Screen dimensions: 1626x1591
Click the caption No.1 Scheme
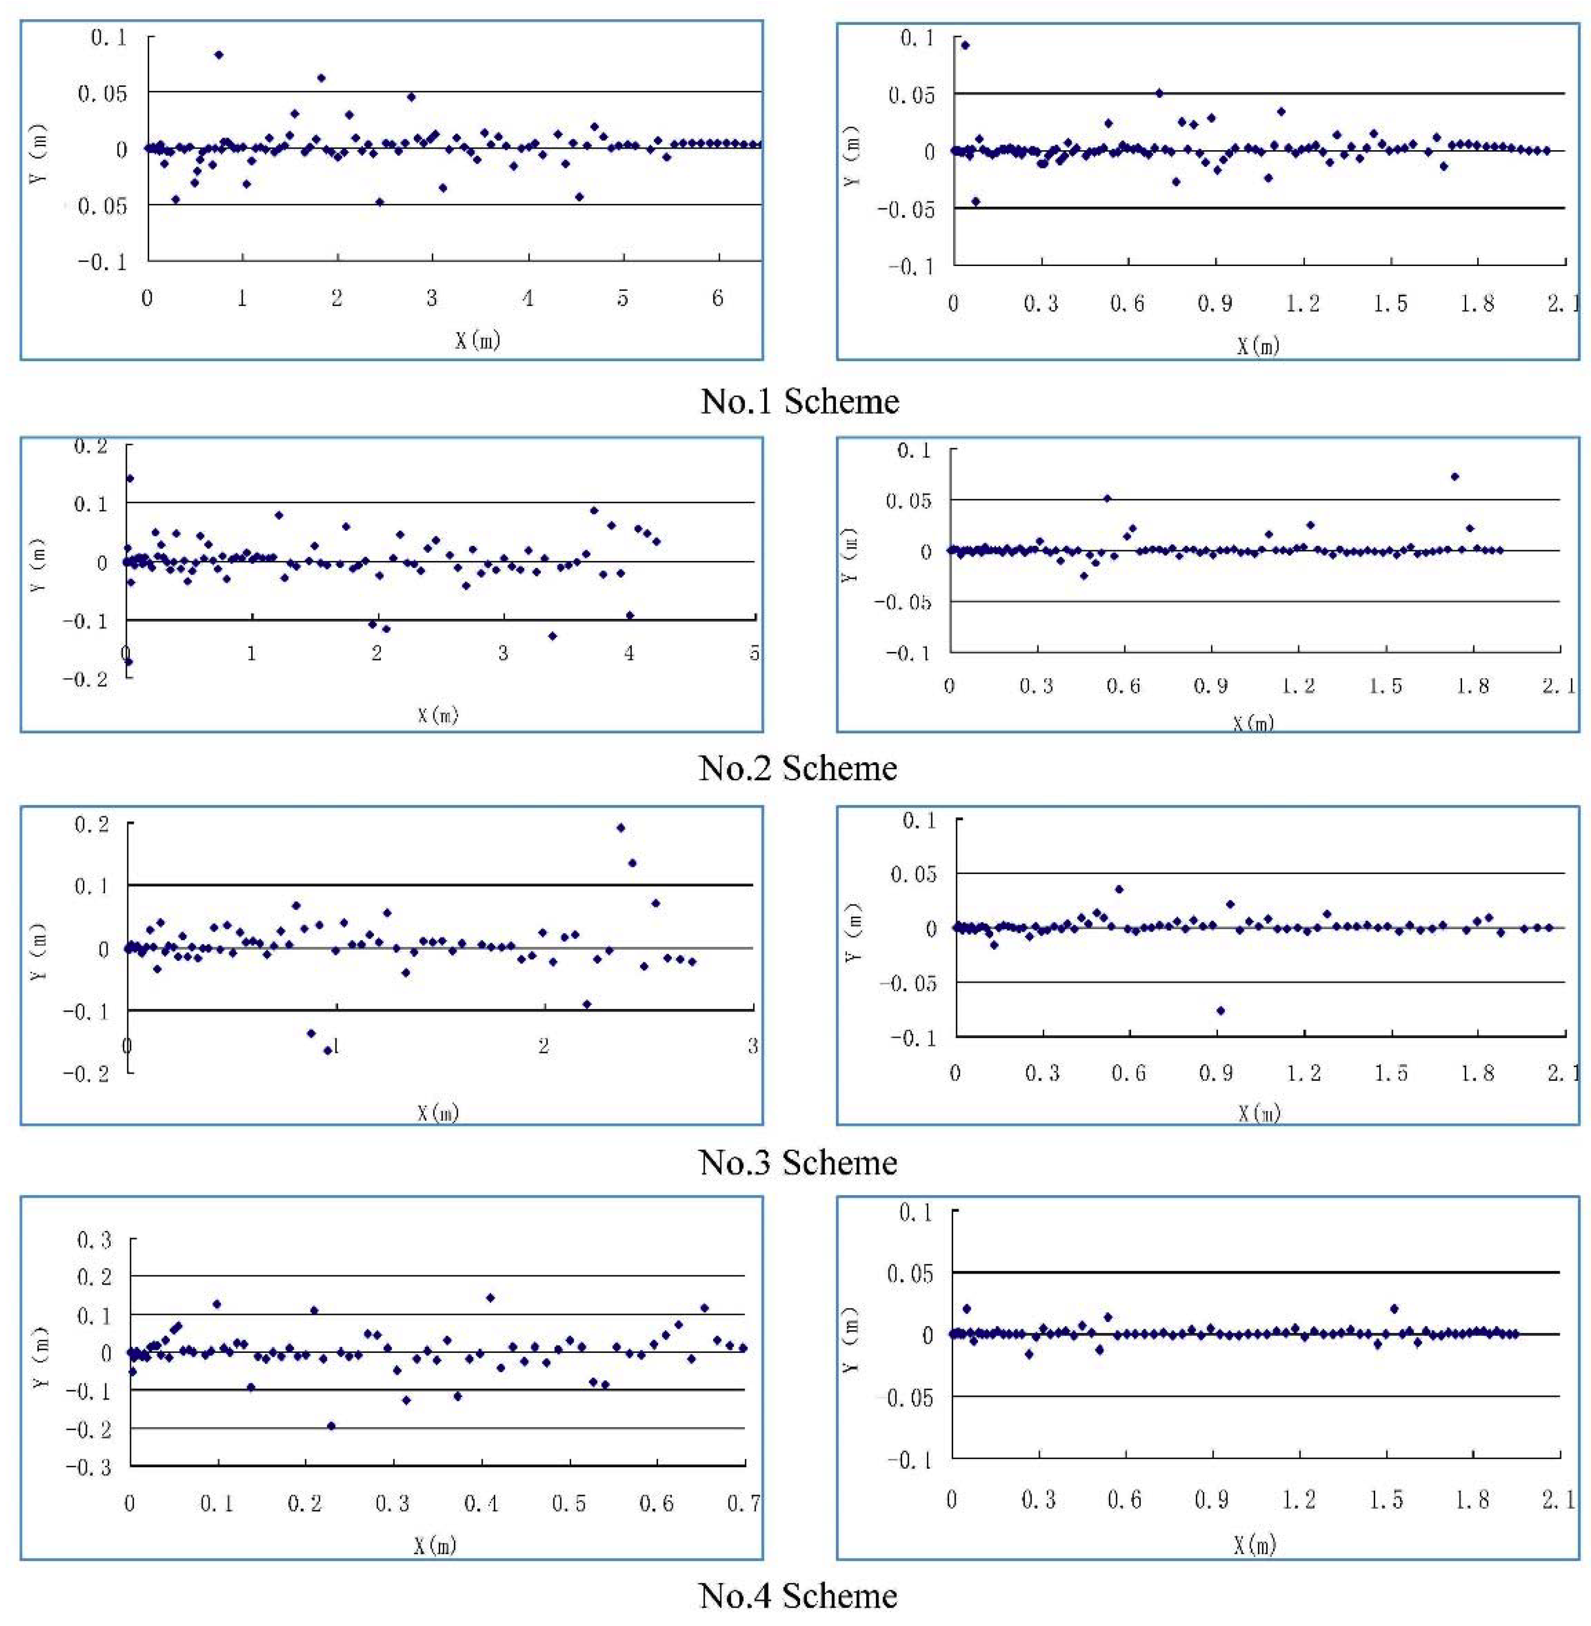coord(799,401)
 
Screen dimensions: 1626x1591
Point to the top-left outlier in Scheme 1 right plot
coord(965,45)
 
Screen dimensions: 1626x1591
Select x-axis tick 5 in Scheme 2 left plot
coord(754,653)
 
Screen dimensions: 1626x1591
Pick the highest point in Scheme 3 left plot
coord(620,827)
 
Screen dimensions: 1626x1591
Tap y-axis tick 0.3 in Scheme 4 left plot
coord(95,1240)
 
